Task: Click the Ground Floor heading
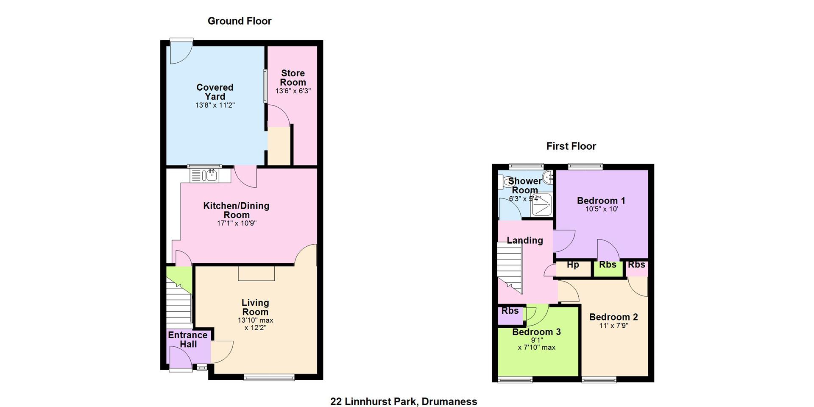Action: [240, 21]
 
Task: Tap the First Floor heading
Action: [571, 146]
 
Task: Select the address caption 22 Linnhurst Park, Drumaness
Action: [404, 401]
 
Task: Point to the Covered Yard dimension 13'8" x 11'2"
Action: [215, 105]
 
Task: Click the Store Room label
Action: [293, 78]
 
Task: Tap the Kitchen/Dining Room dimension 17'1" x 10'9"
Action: [237, 223]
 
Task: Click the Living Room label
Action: [255, 307]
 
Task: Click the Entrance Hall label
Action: [188, 339]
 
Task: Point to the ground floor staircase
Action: [178, 302]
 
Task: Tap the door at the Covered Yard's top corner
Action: [181, 51]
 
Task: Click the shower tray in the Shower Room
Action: [541, 204]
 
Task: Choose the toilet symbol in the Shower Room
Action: [507, 182]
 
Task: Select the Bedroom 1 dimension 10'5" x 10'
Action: [602, 209]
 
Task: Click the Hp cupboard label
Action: [573, 265]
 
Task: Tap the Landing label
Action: [525, 240]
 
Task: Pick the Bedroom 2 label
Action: [613, 317]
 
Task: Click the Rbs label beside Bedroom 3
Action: [510, 311]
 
